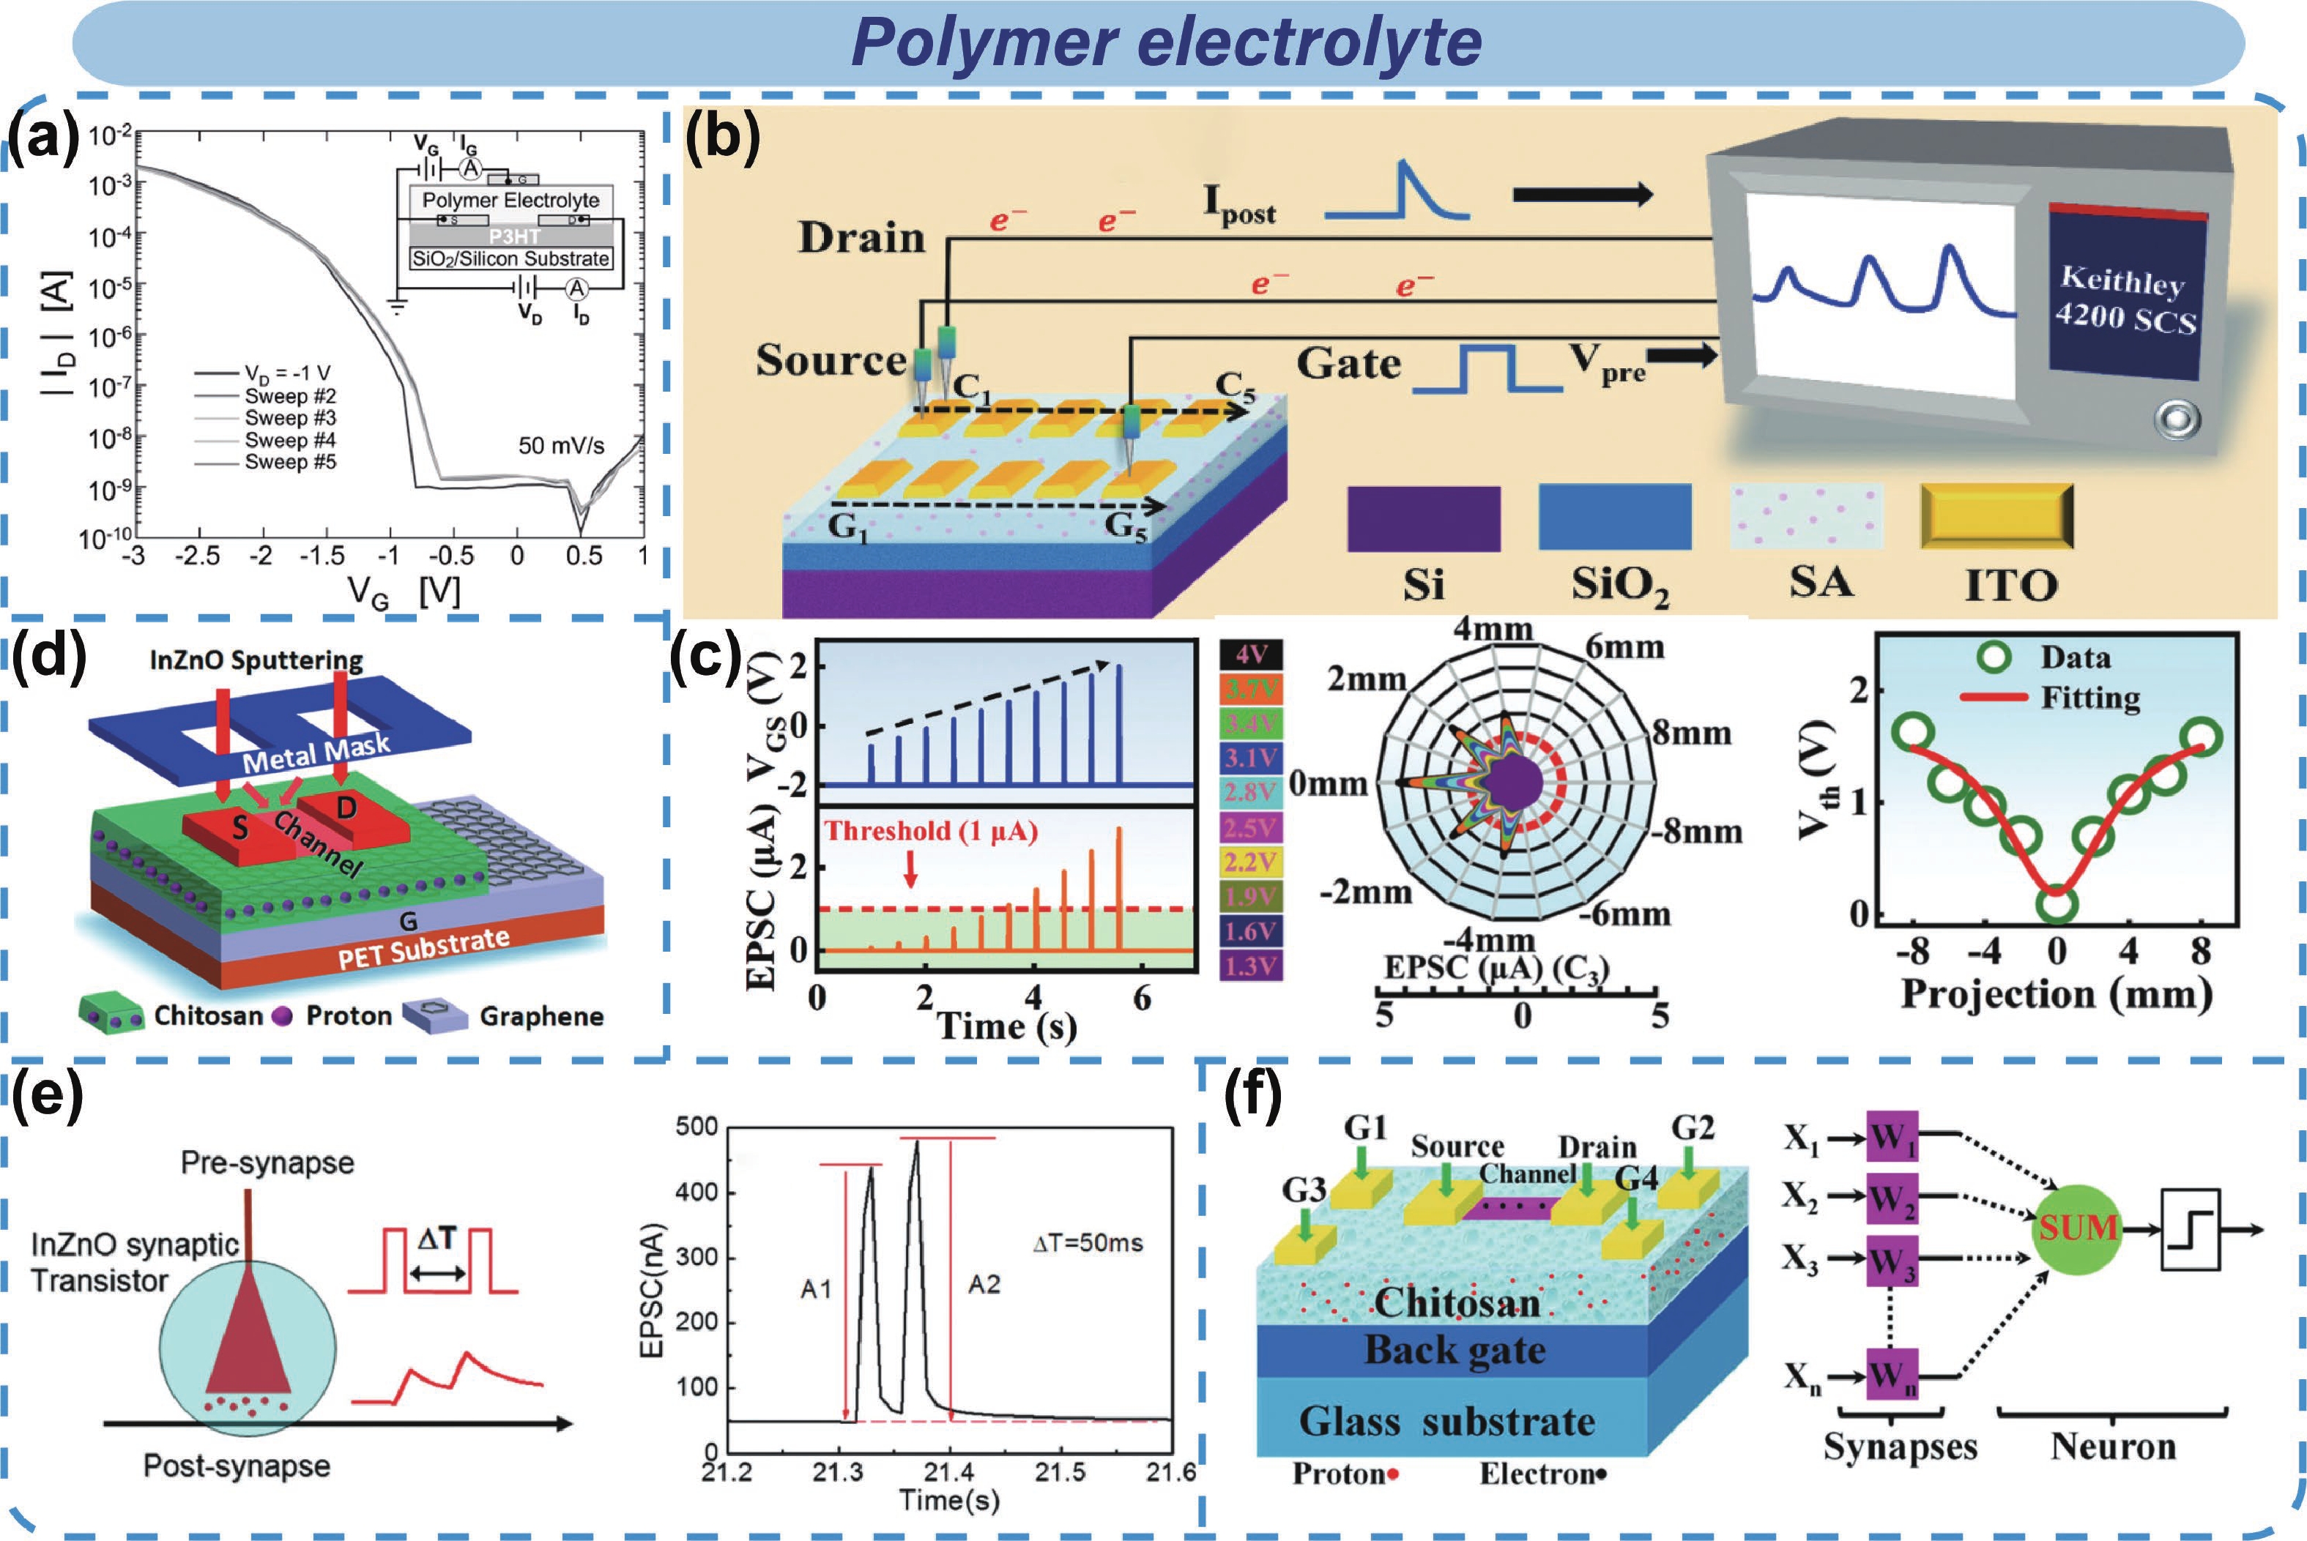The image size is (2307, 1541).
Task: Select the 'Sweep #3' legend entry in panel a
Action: [290, 418]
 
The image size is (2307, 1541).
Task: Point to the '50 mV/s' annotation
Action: [561, 445]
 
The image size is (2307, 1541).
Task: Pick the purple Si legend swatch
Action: [1423, 518]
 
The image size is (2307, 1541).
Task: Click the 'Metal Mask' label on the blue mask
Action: [316, 752]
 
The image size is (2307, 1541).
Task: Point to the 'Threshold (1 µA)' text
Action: [931, 832]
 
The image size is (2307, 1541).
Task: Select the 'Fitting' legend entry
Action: [2089, 698]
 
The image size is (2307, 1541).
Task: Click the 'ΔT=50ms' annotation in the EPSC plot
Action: [1087, 1243]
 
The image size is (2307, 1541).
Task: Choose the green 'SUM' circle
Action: [2077, 1226]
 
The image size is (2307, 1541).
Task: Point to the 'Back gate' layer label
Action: [1454, 1349]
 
